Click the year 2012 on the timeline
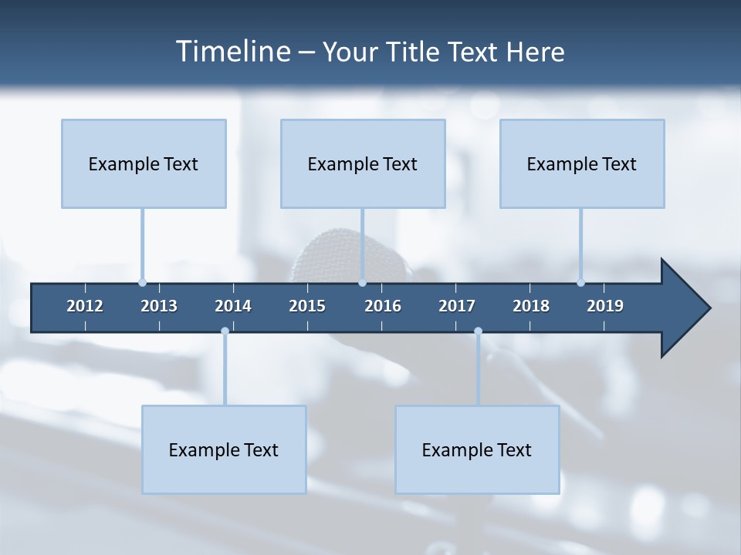pos(85,306)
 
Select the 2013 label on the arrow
pos(159,306)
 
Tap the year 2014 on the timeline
pos(233,306)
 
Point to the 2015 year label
pos(307,306)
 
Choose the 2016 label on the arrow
pos(383,306)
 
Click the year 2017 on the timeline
pos(457,306)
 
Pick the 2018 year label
pos(531,306)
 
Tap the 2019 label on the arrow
pos(605,306)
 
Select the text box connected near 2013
pos(144,163)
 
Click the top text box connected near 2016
pos(363,163)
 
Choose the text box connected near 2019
pos(582,163)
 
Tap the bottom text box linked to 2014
pos(224,449)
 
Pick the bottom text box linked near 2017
pos(477,449)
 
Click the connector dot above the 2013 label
pos(142,283)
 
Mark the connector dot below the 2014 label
pos(225,331)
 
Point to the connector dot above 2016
pos(362,283)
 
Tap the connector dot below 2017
pos(478,331)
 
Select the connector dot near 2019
pos(580,283)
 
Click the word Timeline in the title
pos(232,52)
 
